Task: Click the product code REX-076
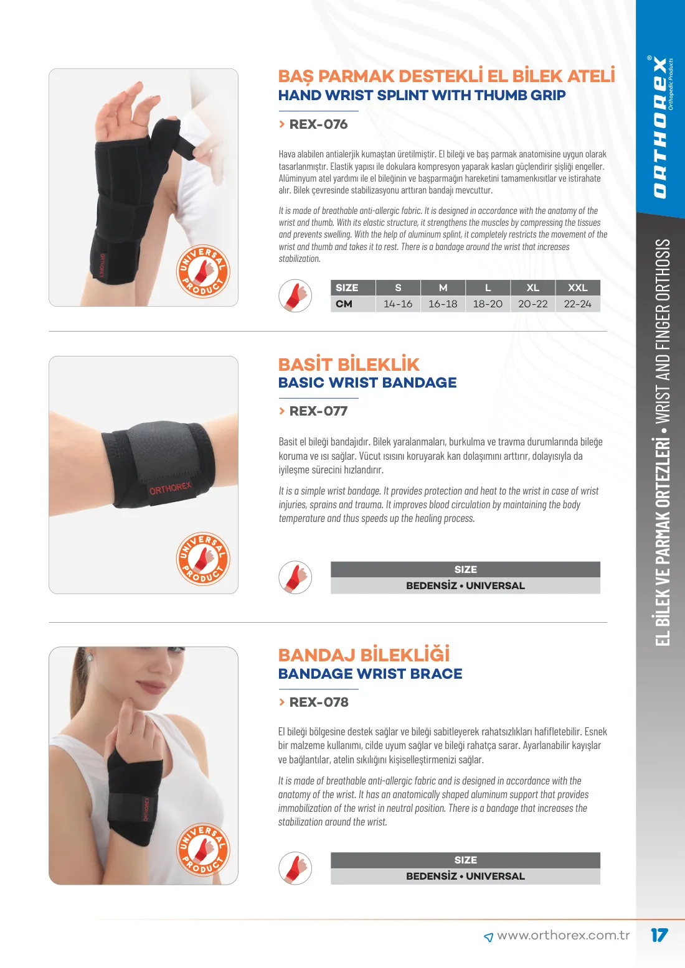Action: [x=318, y=124]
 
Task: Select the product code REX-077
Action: [x=318, y=411]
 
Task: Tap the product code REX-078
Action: [x=319, y=702]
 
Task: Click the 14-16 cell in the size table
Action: [x=398, y=304]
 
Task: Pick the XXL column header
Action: [x=577, y=288]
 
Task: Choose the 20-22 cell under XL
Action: [x=533, y=304]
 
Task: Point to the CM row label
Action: [x=344, y=304]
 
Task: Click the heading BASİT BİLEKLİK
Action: [x=349, y=365]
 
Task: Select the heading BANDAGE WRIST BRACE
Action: [x=370, y=674]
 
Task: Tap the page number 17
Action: [x=659, y=935]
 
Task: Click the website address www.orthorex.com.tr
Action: [x=563, y=935]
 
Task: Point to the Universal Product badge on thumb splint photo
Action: [x=203, y=271]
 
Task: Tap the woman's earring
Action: [x=90, y=658]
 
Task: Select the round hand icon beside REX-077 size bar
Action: [x=295, y=577]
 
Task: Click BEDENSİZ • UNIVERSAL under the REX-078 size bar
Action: [x=465, y=876]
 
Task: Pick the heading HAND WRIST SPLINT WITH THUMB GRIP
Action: [x=422, y=95]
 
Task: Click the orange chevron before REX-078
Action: [x=282, y=702]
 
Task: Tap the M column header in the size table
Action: [x=443, y=288]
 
